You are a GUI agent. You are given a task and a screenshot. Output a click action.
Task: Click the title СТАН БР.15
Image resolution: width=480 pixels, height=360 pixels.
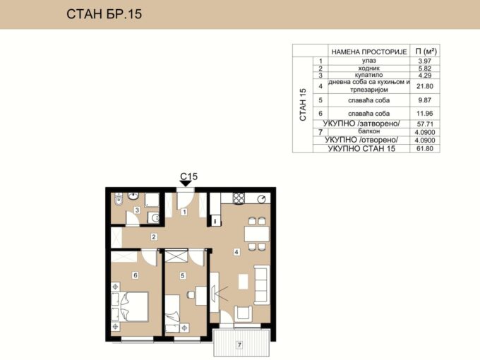104,14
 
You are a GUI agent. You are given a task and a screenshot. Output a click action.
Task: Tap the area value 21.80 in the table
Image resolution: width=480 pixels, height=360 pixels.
425,86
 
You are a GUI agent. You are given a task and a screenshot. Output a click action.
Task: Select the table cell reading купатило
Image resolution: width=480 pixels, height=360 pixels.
368,75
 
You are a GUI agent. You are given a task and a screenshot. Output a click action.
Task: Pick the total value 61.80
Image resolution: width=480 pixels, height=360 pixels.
425,149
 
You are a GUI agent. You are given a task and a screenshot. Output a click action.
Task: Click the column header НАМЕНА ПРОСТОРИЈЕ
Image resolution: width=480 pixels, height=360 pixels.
369,52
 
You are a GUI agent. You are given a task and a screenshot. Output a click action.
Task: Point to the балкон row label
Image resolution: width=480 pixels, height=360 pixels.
369,131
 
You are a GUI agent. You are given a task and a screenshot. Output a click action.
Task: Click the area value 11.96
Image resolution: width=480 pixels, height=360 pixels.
425,113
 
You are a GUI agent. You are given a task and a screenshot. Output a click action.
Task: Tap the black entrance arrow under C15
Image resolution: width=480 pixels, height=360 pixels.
186,184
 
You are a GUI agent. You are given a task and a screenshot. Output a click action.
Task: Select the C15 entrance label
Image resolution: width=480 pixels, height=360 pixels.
189,176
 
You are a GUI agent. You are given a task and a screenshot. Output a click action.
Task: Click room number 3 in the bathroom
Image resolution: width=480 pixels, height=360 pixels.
137,210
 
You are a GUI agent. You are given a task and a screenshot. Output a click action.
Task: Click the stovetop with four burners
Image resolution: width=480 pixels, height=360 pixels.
239,198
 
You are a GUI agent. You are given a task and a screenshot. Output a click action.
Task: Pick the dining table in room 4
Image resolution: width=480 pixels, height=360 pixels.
257,234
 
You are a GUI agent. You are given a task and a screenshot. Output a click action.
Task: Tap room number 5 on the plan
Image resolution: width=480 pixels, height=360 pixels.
182,275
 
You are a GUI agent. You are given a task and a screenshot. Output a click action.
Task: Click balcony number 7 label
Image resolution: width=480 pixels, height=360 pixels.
239,345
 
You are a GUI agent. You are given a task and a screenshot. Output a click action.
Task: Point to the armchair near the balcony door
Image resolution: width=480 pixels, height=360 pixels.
243,313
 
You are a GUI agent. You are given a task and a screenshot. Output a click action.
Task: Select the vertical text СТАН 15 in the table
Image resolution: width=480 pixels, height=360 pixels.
303,104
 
